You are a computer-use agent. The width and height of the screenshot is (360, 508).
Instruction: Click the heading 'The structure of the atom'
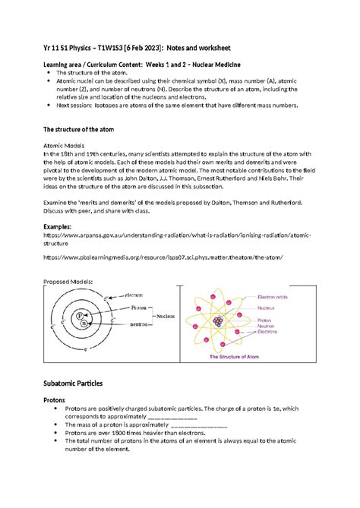(84, 130)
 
